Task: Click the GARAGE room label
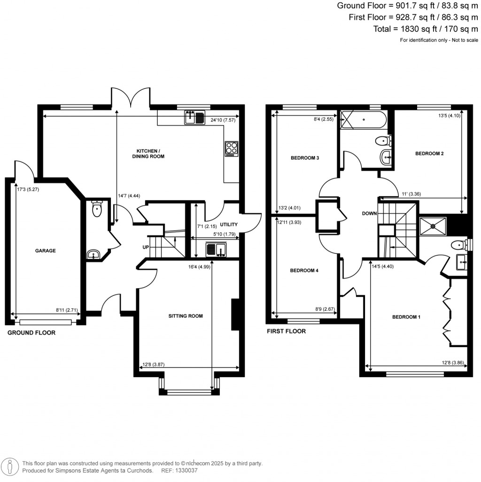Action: click(x=46, y=251)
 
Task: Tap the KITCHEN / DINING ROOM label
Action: click(x=150, y=153)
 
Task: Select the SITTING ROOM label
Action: click(x=186, y=316)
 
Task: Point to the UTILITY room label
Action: click(x=229, y=224)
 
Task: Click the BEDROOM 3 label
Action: click(x=305, y=158)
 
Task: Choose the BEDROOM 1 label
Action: click(x=406, y=317)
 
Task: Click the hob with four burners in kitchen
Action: click(x=232, y=149)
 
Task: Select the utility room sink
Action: click(x=216, y=249)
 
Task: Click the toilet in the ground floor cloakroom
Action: click(x=97, y=209)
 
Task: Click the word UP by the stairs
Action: click(x=146, y=247)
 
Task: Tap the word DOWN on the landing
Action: click(x=369, y=213)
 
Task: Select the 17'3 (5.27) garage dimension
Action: click(x=27, y=190)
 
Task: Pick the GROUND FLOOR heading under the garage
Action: click(x=31, y=332)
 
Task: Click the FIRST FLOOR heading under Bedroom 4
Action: click(x=286, y=331)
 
